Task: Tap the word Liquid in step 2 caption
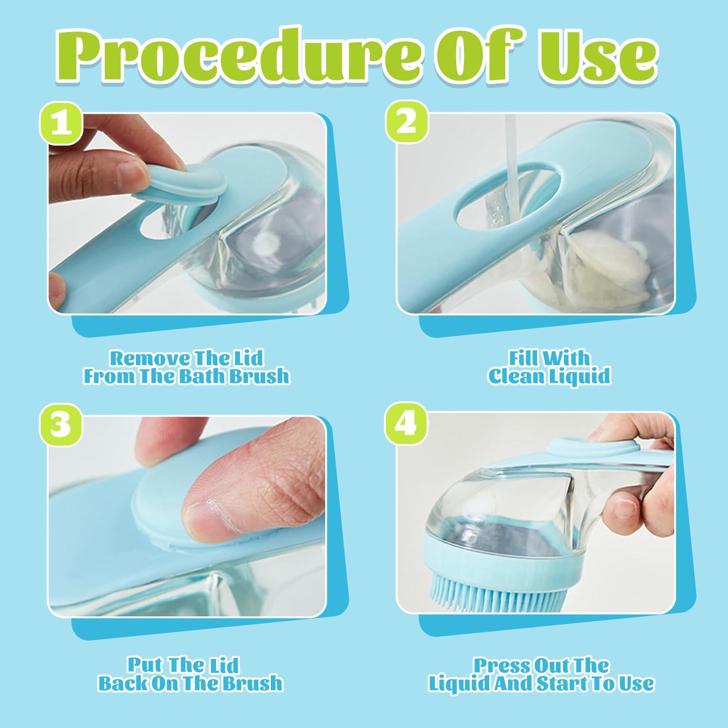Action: (579, 377)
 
